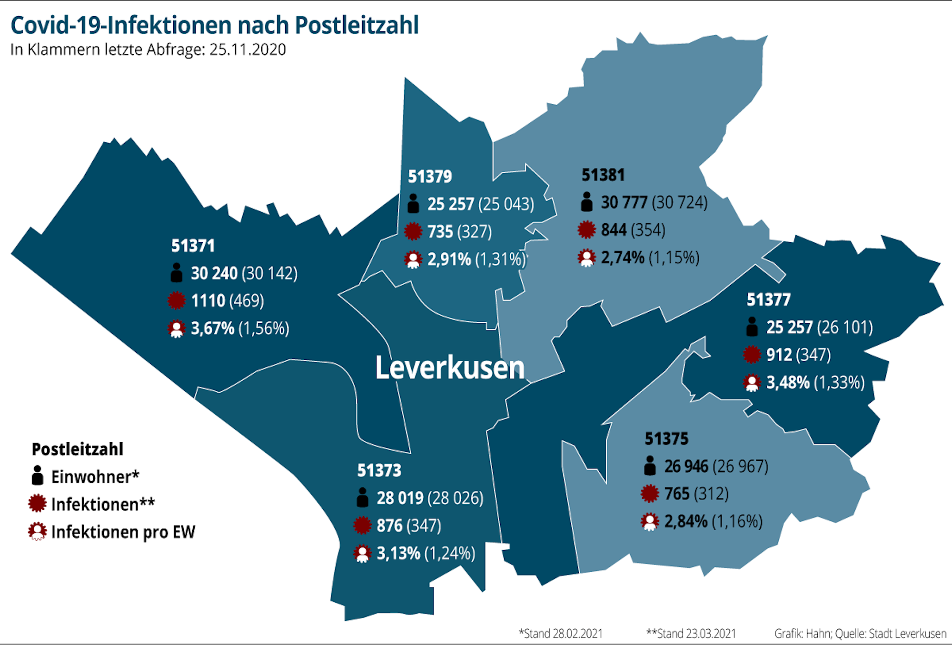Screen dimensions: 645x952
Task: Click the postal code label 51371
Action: tap(193, 246)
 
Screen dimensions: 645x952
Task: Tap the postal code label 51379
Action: tap(430, 177)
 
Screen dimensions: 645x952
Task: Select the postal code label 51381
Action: tap(603, 175)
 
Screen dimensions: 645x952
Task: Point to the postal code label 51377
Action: tap(768, 300)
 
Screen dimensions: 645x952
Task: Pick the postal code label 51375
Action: tap(666, 438)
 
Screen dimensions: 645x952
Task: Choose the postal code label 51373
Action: tap(379, 470)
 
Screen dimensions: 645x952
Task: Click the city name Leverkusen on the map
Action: tap(450, 368)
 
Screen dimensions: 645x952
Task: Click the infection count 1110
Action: tap(208, 301)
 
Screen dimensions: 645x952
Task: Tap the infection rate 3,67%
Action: tap(213, 328)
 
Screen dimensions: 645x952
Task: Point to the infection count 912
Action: tap(779, 355)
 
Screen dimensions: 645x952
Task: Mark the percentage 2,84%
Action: tap(686, 522)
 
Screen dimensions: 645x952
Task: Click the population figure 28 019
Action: tap(400, 498)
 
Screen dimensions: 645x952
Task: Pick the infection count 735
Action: tap(440, 232)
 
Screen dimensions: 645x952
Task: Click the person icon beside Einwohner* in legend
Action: tap(38, 476)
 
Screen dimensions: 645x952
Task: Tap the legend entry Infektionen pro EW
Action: tap(123, 532)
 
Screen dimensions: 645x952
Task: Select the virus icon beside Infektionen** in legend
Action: tap(38, 504)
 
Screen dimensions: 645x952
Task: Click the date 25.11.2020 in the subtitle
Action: tap(248, 50)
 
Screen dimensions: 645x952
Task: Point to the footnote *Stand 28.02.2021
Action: tap(560, 634)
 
